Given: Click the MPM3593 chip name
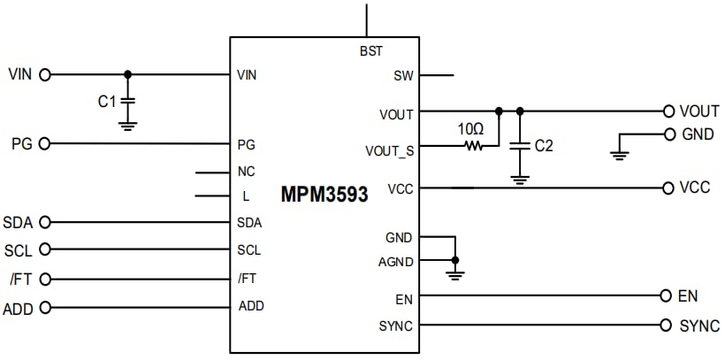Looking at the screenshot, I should (x=324, y=194).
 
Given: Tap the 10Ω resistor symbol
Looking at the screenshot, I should (x=473, y=146).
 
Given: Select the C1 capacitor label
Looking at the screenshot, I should (x=107, y=102).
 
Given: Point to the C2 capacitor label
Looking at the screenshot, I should (x=544, y=146).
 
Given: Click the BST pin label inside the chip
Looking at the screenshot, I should (x=371, y=51).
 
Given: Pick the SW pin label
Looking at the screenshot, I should (x=403, y=76).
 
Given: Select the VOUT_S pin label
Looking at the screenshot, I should (x=389, y=150).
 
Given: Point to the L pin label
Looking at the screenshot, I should (x=246, y=196).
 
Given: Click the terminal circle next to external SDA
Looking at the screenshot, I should (x=45, y=222).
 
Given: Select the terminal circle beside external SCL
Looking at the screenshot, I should (x=45, y=250).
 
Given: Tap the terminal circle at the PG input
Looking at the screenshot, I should (x=45, y=143).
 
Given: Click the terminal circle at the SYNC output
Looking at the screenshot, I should (x=666, y=326).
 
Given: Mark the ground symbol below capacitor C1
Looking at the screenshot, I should (x=128, y=125).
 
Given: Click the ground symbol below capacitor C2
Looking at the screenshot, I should (x=520, y=180).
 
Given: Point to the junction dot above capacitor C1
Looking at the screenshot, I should (x=128, y=74).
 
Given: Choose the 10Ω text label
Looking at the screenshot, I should (x=471, y=127).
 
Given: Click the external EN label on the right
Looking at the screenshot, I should (x=688, y=296).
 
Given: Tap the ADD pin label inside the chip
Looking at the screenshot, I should (x=251, y=306).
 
